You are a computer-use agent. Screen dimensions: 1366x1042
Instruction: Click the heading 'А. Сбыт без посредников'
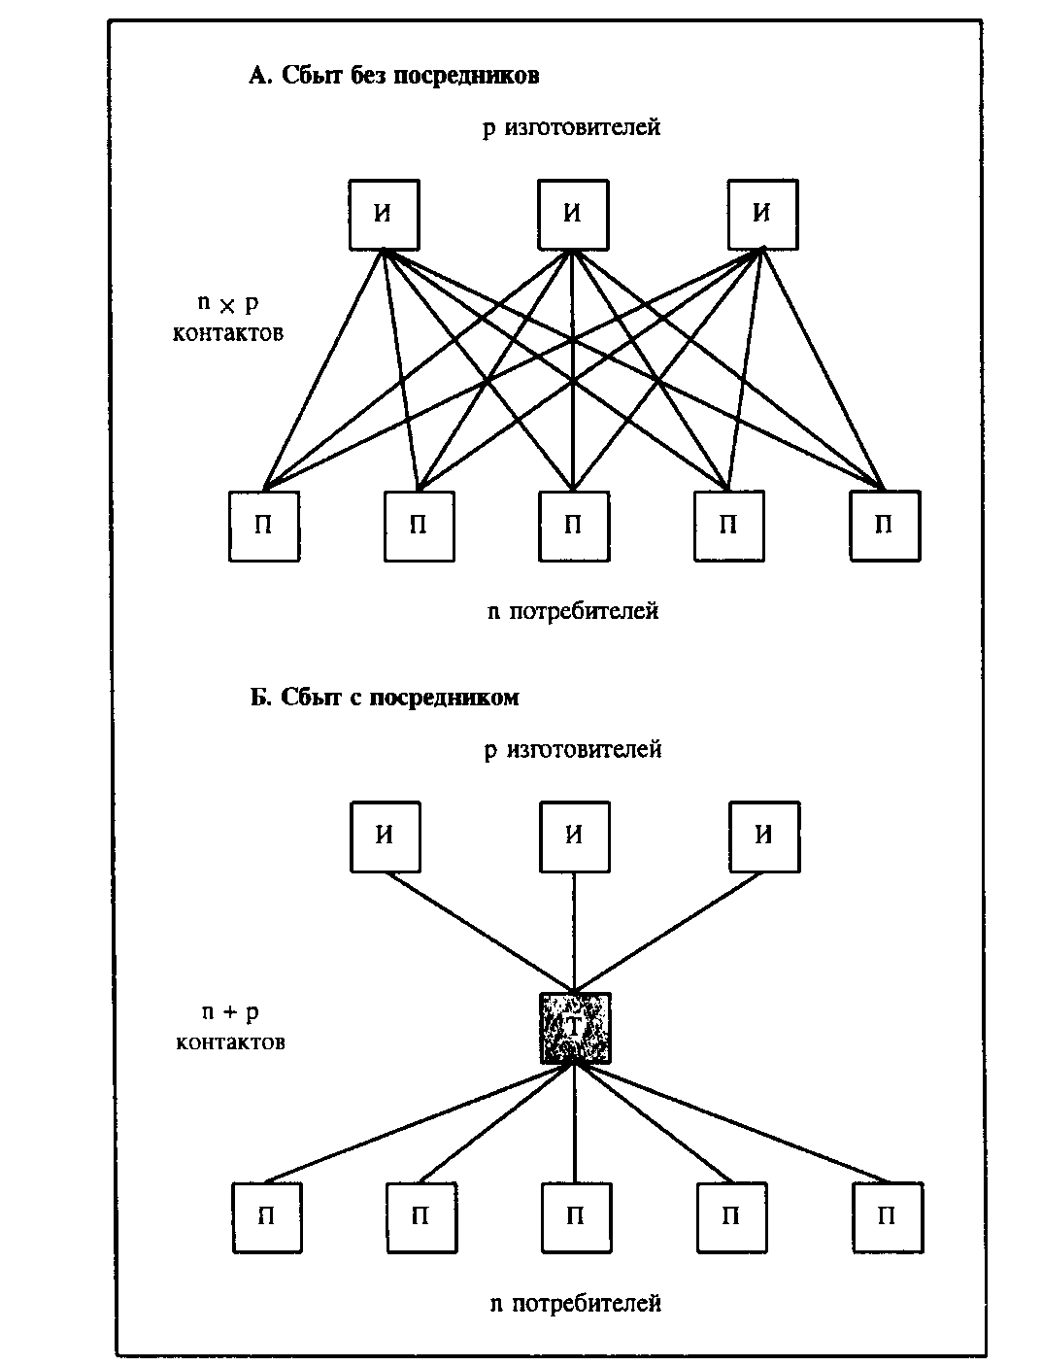(393, 77)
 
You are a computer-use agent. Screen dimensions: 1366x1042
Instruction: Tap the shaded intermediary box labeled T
(575, 1027)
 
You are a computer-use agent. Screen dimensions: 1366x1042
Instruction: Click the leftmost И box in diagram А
(385, 215)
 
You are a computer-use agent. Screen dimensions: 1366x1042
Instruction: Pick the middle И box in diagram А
(574, 215)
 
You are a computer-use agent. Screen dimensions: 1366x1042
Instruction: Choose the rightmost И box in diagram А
(762, 215)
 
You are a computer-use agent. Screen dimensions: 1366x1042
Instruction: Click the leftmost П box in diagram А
(263, 527)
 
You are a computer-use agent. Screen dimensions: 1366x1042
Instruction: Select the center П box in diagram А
(574, 527)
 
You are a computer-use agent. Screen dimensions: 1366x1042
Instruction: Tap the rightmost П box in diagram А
(885, 527)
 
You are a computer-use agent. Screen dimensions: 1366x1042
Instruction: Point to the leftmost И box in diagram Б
(386, 837)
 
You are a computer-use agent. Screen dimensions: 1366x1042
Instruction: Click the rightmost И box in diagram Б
(764, 837)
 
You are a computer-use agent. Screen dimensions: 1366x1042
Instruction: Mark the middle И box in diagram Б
(575, 837)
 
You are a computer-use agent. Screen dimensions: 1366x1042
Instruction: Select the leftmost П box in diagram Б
(266, 1216)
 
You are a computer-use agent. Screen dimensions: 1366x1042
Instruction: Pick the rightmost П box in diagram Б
(887, 1216)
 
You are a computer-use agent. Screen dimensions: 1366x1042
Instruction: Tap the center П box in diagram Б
(575, 1216)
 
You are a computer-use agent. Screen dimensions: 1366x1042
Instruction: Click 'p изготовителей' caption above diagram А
(572, 127)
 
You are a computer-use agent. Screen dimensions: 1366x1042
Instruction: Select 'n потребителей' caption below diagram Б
(575, 1303)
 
